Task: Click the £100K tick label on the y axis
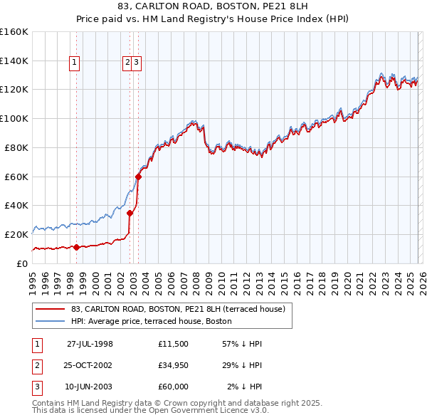coord(14,118)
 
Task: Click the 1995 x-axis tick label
coord(32,279)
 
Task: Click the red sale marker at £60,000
coord(138,177)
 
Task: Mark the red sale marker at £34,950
coord(130,212)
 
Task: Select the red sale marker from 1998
coord(77,247)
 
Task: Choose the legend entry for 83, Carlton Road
coord(177,309)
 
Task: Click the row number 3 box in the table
coord(36,387)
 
